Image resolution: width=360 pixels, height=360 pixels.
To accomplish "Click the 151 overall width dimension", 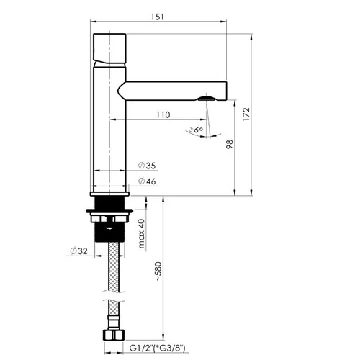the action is (158, 17).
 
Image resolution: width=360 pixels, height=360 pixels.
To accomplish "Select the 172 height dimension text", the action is (246, 114).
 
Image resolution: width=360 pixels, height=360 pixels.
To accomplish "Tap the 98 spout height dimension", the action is (230, 144).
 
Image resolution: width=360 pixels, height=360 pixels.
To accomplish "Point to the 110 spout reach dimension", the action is (163, 114).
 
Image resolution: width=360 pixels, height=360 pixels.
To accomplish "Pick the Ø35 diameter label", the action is (147, 166).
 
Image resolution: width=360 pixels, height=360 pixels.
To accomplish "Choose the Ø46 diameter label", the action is (147, 181).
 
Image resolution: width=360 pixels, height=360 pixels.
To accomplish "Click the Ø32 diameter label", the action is (78, 251).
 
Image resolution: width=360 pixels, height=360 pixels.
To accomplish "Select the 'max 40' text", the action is (142, 233).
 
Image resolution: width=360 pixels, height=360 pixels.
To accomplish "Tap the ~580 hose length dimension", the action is (158, 271).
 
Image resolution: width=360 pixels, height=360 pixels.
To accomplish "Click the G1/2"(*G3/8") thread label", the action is (158, 348).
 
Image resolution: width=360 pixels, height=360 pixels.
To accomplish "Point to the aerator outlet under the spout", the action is (206, 98).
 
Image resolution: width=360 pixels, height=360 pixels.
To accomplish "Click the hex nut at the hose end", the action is (114, 335).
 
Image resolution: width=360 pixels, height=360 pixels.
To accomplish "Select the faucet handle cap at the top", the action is (109, 48).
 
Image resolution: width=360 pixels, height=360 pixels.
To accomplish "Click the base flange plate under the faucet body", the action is (109, 194).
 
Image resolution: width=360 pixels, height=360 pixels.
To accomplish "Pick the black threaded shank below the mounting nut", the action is (109, 232).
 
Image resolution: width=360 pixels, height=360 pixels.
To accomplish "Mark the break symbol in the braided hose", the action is (114, 296).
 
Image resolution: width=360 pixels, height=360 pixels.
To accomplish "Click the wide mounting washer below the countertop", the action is (109, 211).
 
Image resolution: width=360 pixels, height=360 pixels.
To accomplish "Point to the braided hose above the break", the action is (114, 266).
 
